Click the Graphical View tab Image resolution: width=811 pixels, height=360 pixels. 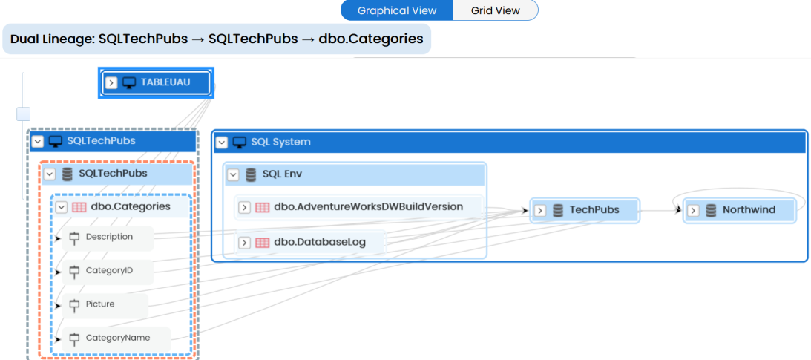(397, 10)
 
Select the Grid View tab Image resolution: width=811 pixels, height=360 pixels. (496, 10)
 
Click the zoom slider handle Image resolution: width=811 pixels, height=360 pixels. (23, 114)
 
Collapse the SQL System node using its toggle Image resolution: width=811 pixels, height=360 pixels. (221, 143)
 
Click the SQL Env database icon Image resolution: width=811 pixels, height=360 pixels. (251, 175)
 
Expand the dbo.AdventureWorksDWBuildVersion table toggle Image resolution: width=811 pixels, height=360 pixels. (244, 207)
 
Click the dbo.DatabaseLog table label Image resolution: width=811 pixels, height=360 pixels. (320, 242)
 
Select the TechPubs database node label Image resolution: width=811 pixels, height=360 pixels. (594, 209)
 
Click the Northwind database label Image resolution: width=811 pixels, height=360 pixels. (749, 209)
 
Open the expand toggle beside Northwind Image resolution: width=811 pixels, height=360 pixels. (694, 211)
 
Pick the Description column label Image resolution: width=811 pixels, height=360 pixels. (109, 237)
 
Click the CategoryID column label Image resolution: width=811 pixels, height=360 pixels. (110, 270)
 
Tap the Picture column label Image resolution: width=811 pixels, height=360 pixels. (100, 304)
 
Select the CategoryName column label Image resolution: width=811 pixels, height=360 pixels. (118, 338)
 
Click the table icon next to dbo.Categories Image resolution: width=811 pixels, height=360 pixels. (79, 207)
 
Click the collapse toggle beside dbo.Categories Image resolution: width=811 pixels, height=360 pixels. (62, 207)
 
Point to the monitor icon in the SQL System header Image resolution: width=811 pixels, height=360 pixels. (239, 143)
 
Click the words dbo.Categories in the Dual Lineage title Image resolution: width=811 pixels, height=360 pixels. (371, 39)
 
